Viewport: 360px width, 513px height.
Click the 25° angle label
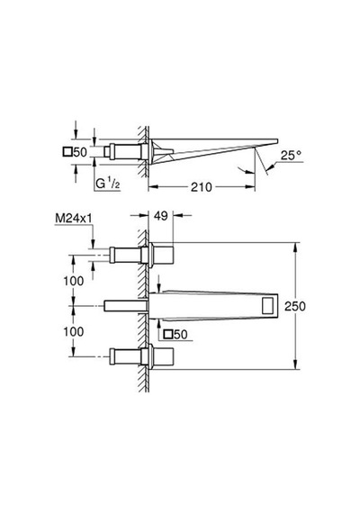tap(291, 155)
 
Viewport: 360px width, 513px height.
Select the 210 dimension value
tap(202, 187)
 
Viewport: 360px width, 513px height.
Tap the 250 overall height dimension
tap(295, 306)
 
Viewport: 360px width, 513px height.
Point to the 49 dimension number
tap(161, 216)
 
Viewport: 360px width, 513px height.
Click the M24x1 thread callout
tap(74, 218)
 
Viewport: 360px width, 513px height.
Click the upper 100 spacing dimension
tap(73, 281)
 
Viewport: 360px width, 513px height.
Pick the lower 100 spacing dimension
tap(73, 331)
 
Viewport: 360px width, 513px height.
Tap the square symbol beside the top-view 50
tap(67, 152)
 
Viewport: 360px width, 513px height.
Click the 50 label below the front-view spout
tap(181, 335)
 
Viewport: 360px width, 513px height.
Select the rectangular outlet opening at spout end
tap(269, 306)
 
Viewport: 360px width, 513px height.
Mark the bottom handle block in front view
tap(163, 356)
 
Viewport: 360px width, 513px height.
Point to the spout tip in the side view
tap(277, 141)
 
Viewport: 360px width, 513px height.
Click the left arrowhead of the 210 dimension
tap(154, 187)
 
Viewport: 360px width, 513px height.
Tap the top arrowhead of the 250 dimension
tap(295, 247)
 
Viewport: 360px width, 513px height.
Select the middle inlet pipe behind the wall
tap(125, 306)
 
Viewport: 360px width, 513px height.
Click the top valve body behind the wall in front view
tap(125, 256)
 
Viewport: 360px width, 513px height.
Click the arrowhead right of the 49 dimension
tap(178, 215)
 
